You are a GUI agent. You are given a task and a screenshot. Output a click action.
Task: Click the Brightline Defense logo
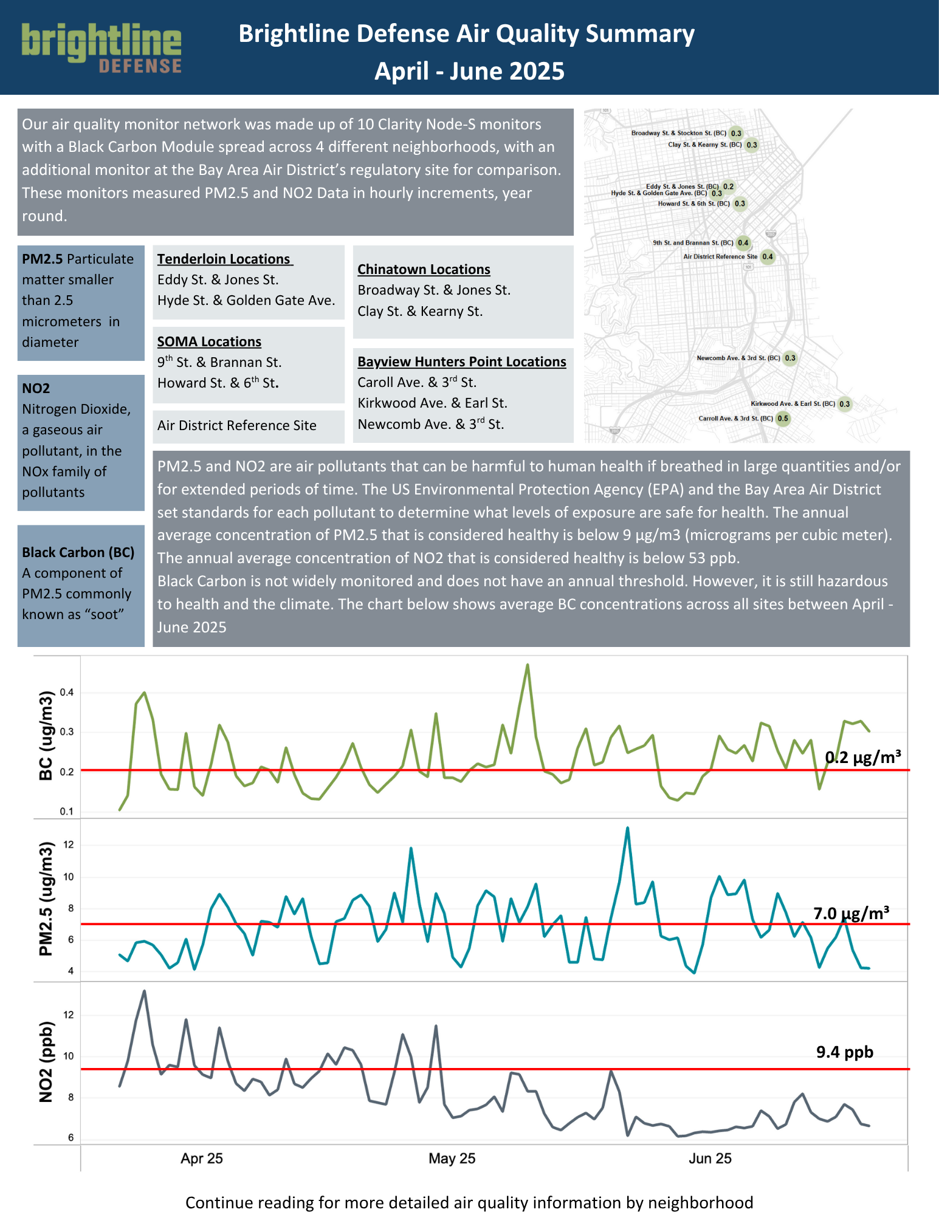coord(101,47)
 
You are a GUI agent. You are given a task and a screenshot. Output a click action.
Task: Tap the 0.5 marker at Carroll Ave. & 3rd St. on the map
coord(783,418)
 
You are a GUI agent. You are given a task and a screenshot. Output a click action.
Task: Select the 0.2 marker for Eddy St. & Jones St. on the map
coord(728,187)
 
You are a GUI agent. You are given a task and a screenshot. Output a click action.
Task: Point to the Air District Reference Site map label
coord(720,256)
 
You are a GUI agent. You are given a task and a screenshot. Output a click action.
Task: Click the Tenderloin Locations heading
coord(224,259)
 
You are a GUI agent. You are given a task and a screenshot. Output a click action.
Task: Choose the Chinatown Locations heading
coord(424,269)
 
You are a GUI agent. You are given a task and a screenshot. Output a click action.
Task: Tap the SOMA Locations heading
coord(209,341)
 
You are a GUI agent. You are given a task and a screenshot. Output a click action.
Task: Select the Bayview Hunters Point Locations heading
coord(461,361)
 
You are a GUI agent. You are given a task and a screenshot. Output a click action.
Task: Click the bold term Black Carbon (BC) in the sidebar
coord(78,552)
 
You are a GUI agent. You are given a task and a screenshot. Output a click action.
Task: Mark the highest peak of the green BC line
coord(528,665)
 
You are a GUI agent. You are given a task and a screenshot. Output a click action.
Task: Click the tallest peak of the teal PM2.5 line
coord(627,827)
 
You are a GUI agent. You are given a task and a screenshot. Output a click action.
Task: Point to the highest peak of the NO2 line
coord(144,991)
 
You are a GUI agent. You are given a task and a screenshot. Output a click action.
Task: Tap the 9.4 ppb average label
coord(844,1052)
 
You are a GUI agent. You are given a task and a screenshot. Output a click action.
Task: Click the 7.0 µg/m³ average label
coord(851,913)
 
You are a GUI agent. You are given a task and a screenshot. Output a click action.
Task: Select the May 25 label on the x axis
coord(452,1158)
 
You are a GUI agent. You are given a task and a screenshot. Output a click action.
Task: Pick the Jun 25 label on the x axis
coord(710,1158)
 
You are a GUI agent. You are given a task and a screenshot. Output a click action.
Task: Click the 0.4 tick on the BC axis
coord(67,693)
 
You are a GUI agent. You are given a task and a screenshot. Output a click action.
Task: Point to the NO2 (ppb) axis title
coord(46,1061)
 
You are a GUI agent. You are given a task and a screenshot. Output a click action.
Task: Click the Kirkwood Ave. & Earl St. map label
coord(793,403)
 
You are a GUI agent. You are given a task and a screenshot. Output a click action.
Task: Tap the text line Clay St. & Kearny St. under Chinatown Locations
coord(420,311)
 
